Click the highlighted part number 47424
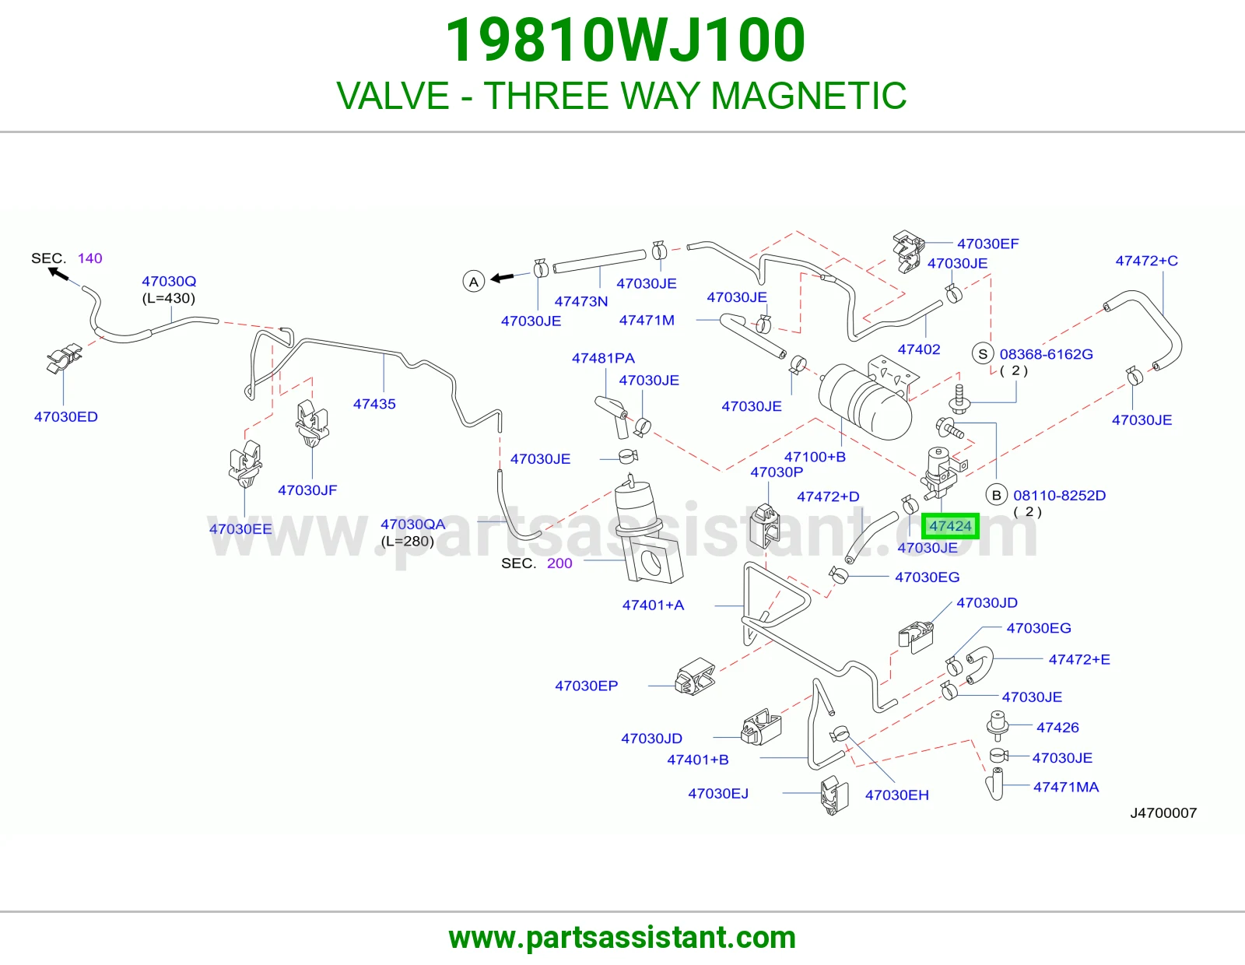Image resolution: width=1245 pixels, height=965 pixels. point(950,526)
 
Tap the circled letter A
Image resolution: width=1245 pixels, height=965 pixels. point(474,282)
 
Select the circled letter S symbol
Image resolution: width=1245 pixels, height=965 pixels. point(984,353)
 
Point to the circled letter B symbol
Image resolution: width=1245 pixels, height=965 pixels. point(996,495)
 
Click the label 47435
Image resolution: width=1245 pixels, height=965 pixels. point(374,404)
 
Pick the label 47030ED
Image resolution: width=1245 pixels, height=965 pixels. point(66,416)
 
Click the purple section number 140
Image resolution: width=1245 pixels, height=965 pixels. point(90,258)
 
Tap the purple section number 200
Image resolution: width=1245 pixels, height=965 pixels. point(559,563)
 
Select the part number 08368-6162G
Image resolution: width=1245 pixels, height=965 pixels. point(1047,354)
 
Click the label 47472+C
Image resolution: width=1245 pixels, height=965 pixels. point(1146,261)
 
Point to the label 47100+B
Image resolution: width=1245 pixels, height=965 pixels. point(815,457)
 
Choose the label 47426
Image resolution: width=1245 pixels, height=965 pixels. point(1057,727)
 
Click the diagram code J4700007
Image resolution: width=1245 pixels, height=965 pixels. point(1163,812)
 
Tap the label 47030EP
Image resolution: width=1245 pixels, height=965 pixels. point(587,686)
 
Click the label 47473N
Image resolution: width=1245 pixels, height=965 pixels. point(581,301)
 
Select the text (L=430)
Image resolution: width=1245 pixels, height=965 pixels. point(168,298)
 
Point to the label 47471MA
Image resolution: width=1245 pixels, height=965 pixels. point(1066,787)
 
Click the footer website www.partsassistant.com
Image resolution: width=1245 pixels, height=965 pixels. point(622,938)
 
